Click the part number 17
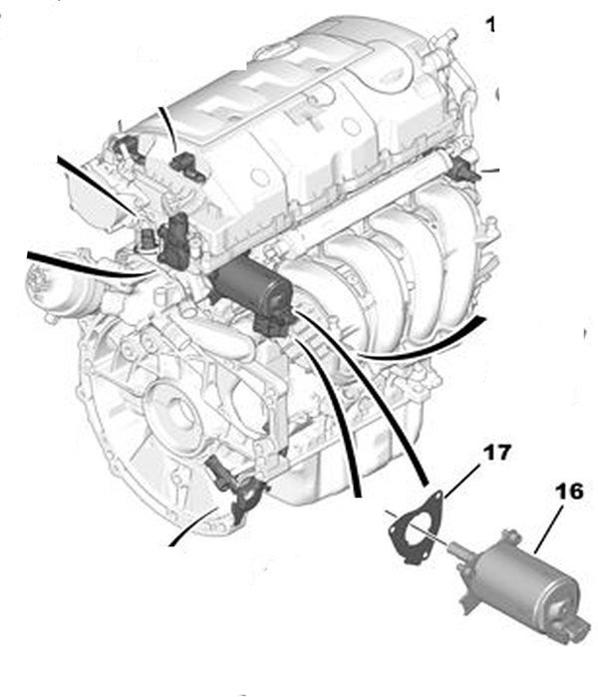click(496, 453)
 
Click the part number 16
click(569, 492)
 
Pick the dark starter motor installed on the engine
click(254, 294)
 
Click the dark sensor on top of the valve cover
click(186, 166)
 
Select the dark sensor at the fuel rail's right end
click(464, 169)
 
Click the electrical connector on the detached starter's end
click(576, 631)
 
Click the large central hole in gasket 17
click(412, 528)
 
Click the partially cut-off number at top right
click(490, 24)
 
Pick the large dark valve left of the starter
click(174, 240)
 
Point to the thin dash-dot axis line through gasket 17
click(416, 528)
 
